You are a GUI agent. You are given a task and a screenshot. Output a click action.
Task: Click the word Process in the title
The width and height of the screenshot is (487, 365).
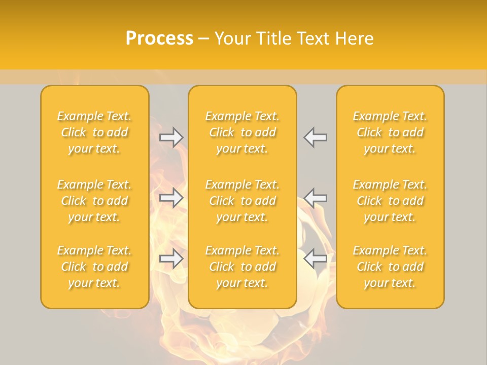pos(159,39)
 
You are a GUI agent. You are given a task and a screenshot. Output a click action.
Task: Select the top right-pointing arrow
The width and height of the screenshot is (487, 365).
pos(171,137)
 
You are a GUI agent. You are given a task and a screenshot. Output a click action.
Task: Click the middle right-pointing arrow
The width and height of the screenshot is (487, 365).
pos(171,198)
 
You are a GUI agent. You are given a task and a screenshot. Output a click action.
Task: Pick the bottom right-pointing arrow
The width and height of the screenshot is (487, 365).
pos(171,259)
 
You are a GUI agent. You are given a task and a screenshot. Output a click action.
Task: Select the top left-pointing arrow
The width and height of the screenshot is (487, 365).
pos(316,137)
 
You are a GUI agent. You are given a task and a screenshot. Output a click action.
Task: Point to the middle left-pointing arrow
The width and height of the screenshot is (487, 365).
pos(316,198)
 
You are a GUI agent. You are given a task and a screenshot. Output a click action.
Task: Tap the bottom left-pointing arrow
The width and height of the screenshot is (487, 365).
pos(316,259)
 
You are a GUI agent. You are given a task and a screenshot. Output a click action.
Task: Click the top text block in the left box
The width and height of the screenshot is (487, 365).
pos(94,132)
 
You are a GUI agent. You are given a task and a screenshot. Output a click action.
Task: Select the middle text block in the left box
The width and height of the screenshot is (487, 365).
pos(94,201)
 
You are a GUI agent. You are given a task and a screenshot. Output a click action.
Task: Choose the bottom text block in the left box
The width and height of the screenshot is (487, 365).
pos(94,267)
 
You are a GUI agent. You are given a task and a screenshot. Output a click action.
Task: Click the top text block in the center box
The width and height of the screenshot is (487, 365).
pos(242,132)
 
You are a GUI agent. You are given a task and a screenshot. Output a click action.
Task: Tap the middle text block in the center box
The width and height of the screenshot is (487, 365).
pos(242,201)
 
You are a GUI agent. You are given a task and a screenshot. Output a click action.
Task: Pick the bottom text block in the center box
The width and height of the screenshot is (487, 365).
pos(242,267)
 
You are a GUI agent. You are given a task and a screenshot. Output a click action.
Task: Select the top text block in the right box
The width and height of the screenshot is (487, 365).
pos(390,132)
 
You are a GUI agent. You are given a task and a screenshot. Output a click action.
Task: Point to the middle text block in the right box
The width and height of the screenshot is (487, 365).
pos(390,201)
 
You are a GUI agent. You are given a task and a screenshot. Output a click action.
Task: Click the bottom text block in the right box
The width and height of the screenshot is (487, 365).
pos(390,267)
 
